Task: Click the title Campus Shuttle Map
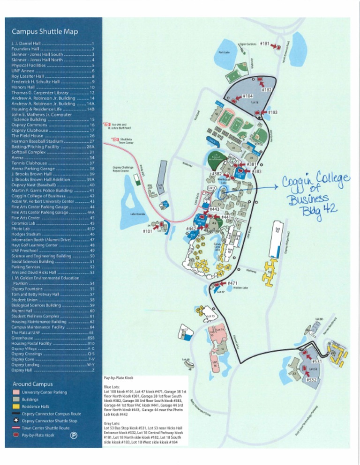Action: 45,32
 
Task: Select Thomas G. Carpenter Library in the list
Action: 42,93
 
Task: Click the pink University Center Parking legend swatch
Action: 16,392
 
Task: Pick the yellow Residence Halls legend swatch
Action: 16,407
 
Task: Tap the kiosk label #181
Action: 264,44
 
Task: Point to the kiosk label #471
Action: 232,283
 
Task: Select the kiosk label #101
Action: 147,231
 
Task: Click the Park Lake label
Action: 224,52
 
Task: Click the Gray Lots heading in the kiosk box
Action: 112,423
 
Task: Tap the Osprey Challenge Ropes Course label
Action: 121,169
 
